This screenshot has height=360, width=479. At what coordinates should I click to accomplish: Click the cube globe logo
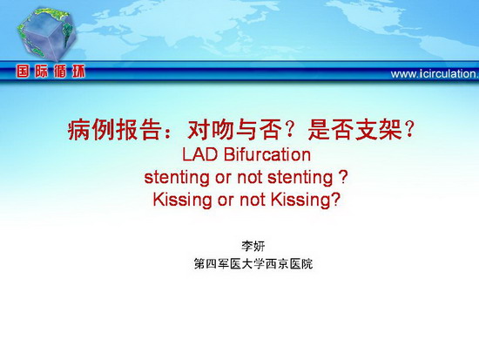46,34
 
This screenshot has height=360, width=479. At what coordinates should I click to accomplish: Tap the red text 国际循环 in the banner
51,71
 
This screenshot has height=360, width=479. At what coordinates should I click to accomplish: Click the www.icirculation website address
435,74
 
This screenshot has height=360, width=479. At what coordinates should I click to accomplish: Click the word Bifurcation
267,154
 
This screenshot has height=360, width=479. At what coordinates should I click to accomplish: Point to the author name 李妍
253,246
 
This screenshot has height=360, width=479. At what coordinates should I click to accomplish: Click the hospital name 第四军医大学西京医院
253,263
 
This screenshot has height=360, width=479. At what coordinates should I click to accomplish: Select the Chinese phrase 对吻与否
234,130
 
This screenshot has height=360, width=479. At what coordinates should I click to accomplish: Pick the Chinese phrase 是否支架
355,130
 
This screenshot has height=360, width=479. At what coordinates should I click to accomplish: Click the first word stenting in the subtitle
177,178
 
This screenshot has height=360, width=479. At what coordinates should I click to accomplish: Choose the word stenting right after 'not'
300,178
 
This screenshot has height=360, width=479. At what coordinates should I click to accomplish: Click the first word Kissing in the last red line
182,200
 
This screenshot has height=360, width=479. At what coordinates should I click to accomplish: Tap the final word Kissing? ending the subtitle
306,200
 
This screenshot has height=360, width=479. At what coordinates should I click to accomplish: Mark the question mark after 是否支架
408,130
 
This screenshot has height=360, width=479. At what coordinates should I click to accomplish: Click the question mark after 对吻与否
289,130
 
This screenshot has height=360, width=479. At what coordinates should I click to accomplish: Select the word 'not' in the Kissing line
252,200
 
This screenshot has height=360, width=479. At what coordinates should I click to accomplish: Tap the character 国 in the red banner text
24,71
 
